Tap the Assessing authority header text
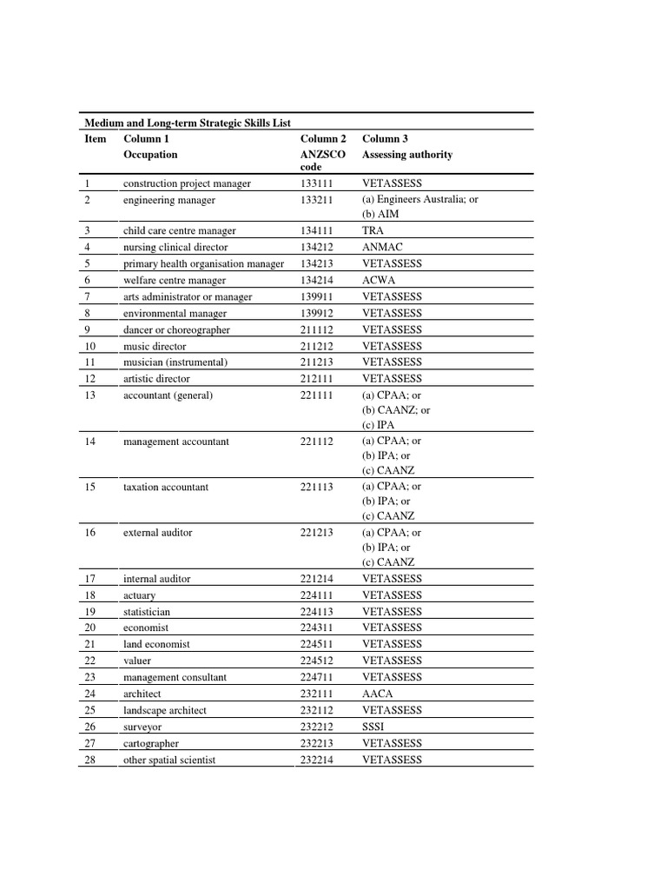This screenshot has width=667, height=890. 406,155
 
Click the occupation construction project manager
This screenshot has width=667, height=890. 187,183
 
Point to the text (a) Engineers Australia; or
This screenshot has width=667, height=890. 419,200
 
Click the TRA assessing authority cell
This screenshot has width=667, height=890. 373,231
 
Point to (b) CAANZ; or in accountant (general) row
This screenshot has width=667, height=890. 395,410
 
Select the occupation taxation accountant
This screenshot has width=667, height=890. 166,488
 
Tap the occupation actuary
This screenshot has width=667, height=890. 140,595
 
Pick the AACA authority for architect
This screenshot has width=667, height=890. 377,694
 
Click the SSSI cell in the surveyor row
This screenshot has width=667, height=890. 374,727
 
